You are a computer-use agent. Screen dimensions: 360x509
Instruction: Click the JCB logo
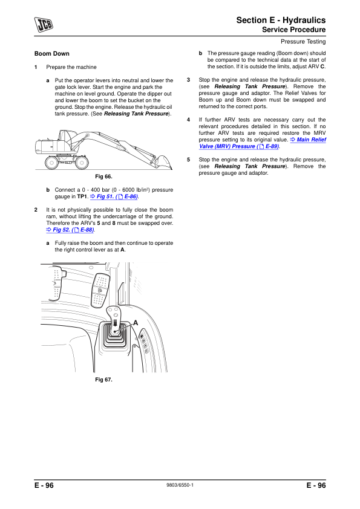coord(44,25)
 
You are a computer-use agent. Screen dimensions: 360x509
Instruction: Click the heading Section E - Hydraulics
coord(281,20)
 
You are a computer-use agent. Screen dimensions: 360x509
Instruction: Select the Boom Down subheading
coord(52,54)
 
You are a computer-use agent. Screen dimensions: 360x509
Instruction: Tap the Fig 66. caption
coord(103,177)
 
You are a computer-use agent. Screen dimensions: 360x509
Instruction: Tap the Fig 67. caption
coord(103,380)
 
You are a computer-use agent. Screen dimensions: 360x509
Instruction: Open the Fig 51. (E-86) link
coord(114,196)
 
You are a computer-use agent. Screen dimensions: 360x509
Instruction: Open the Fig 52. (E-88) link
coord(70,230)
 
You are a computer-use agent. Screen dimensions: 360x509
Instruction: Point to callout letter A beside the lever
coord(136,323)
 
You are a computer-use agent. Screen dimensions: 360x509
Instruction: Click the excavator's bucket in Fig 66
coord(163,162)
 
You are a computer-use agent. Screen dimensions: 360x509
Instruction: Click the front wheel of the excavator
coord(82,163)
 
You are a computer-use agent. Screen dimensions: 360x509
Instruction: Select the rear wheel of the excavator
coord(52,163)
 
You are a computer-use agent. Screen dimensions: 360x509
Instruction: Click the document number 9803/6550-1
coord(180,485)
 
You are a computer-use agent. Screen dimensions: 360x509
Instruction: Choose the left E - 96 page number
coord(44,485)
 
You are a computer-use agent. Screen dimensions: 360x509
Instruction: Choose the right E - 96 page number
coord(316,485)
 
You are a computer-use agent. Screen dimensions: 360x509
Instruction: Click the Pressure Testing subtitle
coord(303,42)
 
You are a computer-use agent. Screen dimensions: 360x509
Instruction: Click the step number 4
coord(188,120)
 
